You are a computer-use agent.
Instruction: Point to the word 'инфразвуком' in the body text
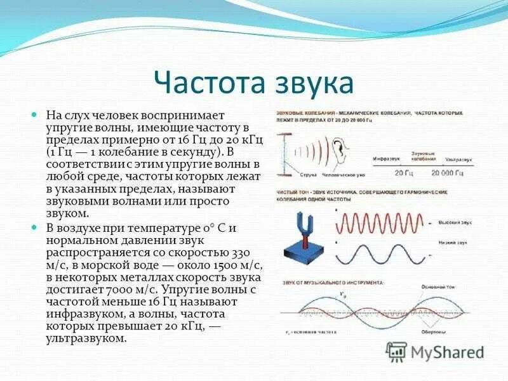tap(83, 313)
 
